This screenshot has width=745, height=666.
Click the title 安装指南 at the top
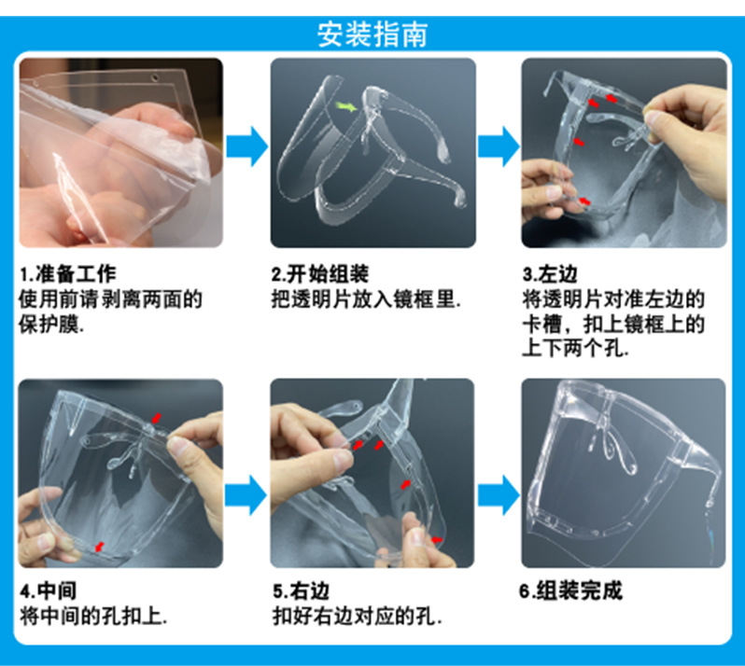tap(372, 35)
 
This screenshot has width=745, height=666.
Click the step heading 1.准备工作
tap(68, 274)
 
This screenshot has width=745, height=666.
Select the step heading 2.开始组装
tap(319, 274)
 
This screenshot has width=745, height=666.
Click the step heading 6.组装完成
tap(570, 590)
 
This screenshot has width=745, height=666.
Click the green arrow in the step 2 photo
tap(347, 109)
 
